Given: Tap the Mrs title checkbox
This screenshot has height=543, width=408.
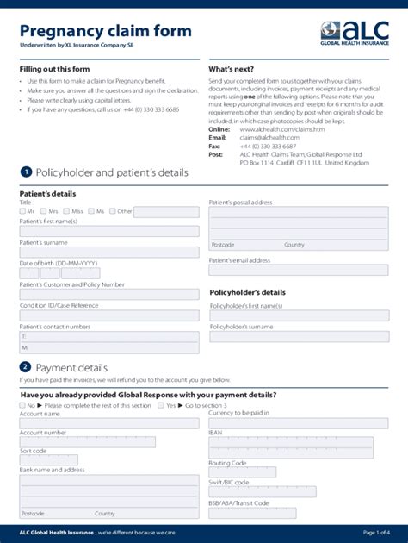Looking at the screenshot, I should point(43,211).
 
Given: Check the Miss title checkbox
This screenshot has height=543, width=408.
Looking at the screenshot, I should point(66,211).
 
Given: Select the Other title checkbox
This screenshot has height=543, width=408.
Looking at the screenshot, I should point(112,211).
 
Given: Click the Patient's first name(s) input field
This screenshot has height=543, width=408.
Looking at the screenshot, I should point(108,231).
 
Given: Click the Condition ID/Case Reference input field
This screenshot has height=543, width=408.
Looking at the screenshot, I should point(108,315).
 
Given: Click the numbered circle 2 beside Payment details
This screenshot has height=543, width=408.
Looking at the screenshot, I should point(26,367).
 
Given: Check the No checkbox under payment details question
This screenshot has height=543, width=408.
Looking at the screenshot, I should point(23,405).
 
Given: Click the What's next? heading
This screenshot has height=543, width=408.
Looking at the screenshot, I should point(230,69).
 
